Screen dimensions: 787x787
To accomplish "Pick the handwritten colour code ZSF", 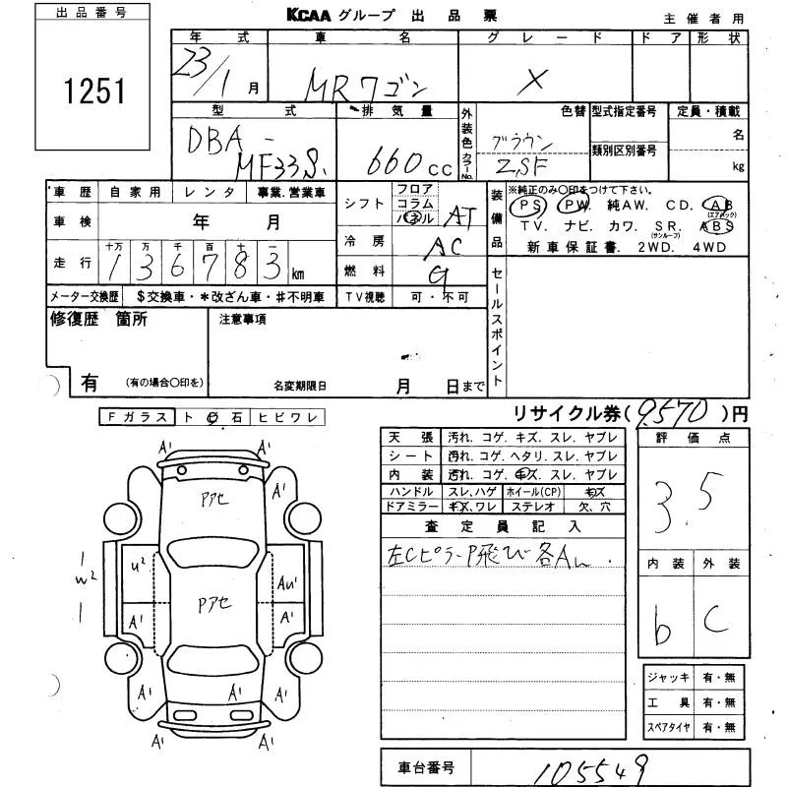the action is [524, 166].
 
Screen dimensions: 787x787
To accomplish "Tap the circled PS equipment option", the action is [531, 206].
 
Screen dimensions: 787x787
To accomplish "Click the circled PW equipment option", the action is [573, 206].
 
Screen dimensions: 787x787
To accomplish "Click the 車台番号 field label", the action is [425, 767].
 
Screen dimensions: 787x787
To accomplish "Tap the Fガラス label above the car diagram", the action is [137, 417].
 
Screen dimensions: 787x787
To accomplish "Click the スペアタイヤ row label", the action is [669, 728].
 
